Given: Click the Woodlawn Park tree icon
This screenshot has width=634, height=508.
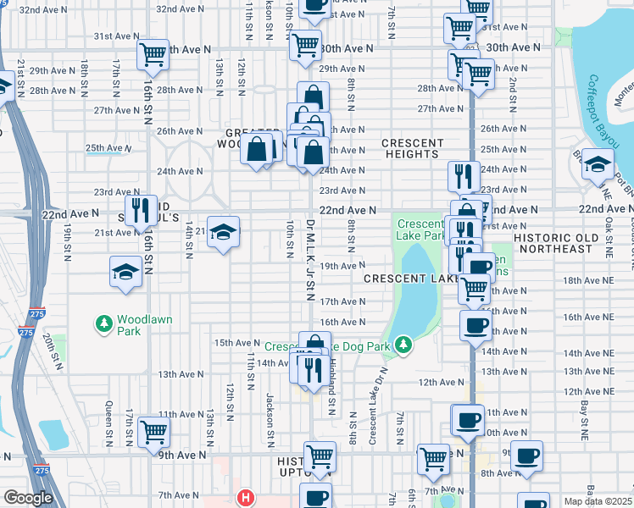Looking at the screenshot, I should coord(103,323).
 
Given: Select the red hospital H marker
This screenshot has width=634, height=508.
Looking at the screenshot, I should coord(246,497).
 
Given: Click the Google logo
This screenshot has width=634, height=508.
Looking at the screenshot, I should coord(28,498).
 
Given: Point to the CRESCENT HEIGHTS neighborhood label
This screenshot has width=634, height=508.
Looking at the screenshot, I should coord(413,148).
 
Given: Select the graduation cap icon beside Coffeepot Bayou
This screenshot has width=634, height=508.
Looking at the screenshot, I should coord(598,163).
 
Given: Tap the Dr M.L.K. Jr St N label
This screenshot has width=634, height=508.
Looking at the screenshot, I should coord(310,260).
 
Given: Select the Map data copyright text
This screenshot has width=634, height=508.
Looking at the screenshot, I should coord(597,501).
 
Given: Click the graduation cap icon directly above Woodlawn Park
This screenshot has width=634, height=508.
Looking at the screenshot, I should coord(125,273).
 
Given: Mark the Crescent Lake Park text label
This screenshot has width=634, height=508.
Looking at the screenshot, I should coord(421,229).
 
